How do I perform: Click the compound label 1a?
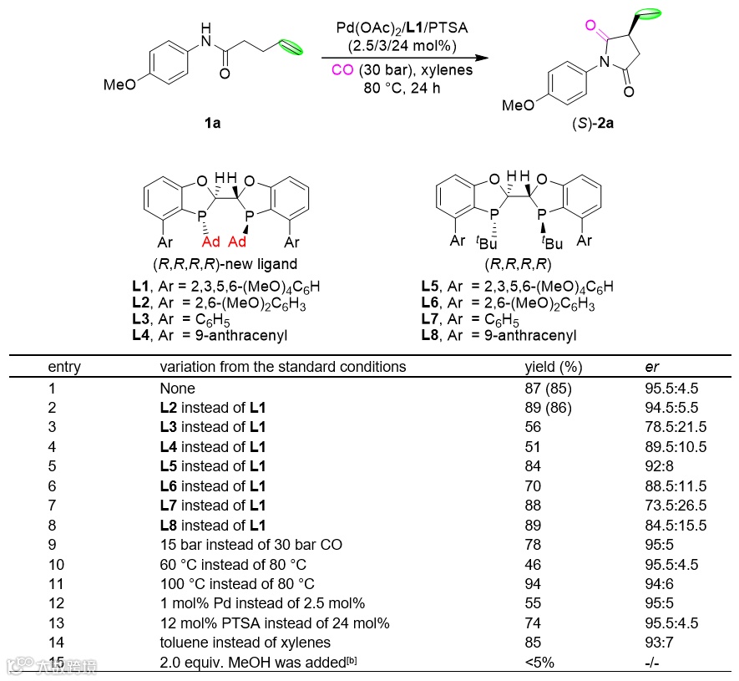pos(213,124)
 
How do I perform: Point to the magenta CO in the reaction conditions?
pos(342,70)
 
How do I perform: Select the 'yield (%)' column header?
pos(553,366)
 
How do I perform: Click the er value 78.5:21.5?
pos(668,427)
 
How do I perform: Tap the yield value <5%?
pos(539,662)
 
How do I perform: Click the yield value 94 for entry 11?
pos(532,583)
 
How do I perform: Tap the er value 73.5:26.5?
pos(668,506)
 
